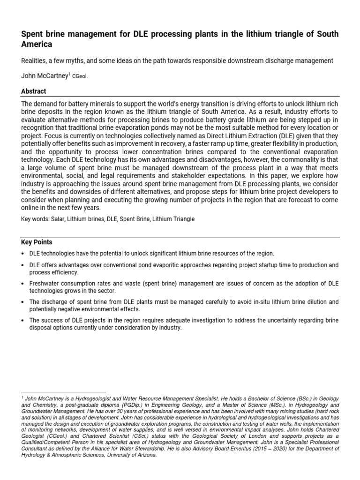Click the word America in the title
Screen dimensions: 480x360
coord(37,45)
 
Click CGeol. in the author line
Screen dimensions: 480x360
coord(80,76)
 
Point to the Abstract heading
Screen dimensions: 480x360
coord(34,91)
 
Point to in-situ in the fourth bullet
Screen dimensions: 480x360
coord(255,302)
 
